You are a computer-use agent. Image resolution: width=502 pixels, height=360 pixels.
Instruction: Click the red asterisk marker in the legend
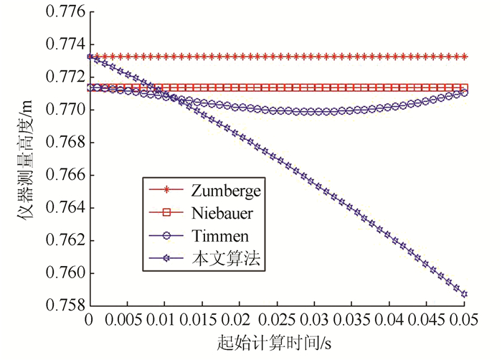point(166,190)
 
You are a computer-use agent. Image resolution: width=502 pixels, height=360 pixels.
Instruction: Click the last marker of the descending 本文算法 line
point(465,294)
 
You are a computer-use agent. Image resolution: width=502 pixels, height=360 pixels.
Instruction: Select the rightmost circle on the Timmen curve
point(465,93)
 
